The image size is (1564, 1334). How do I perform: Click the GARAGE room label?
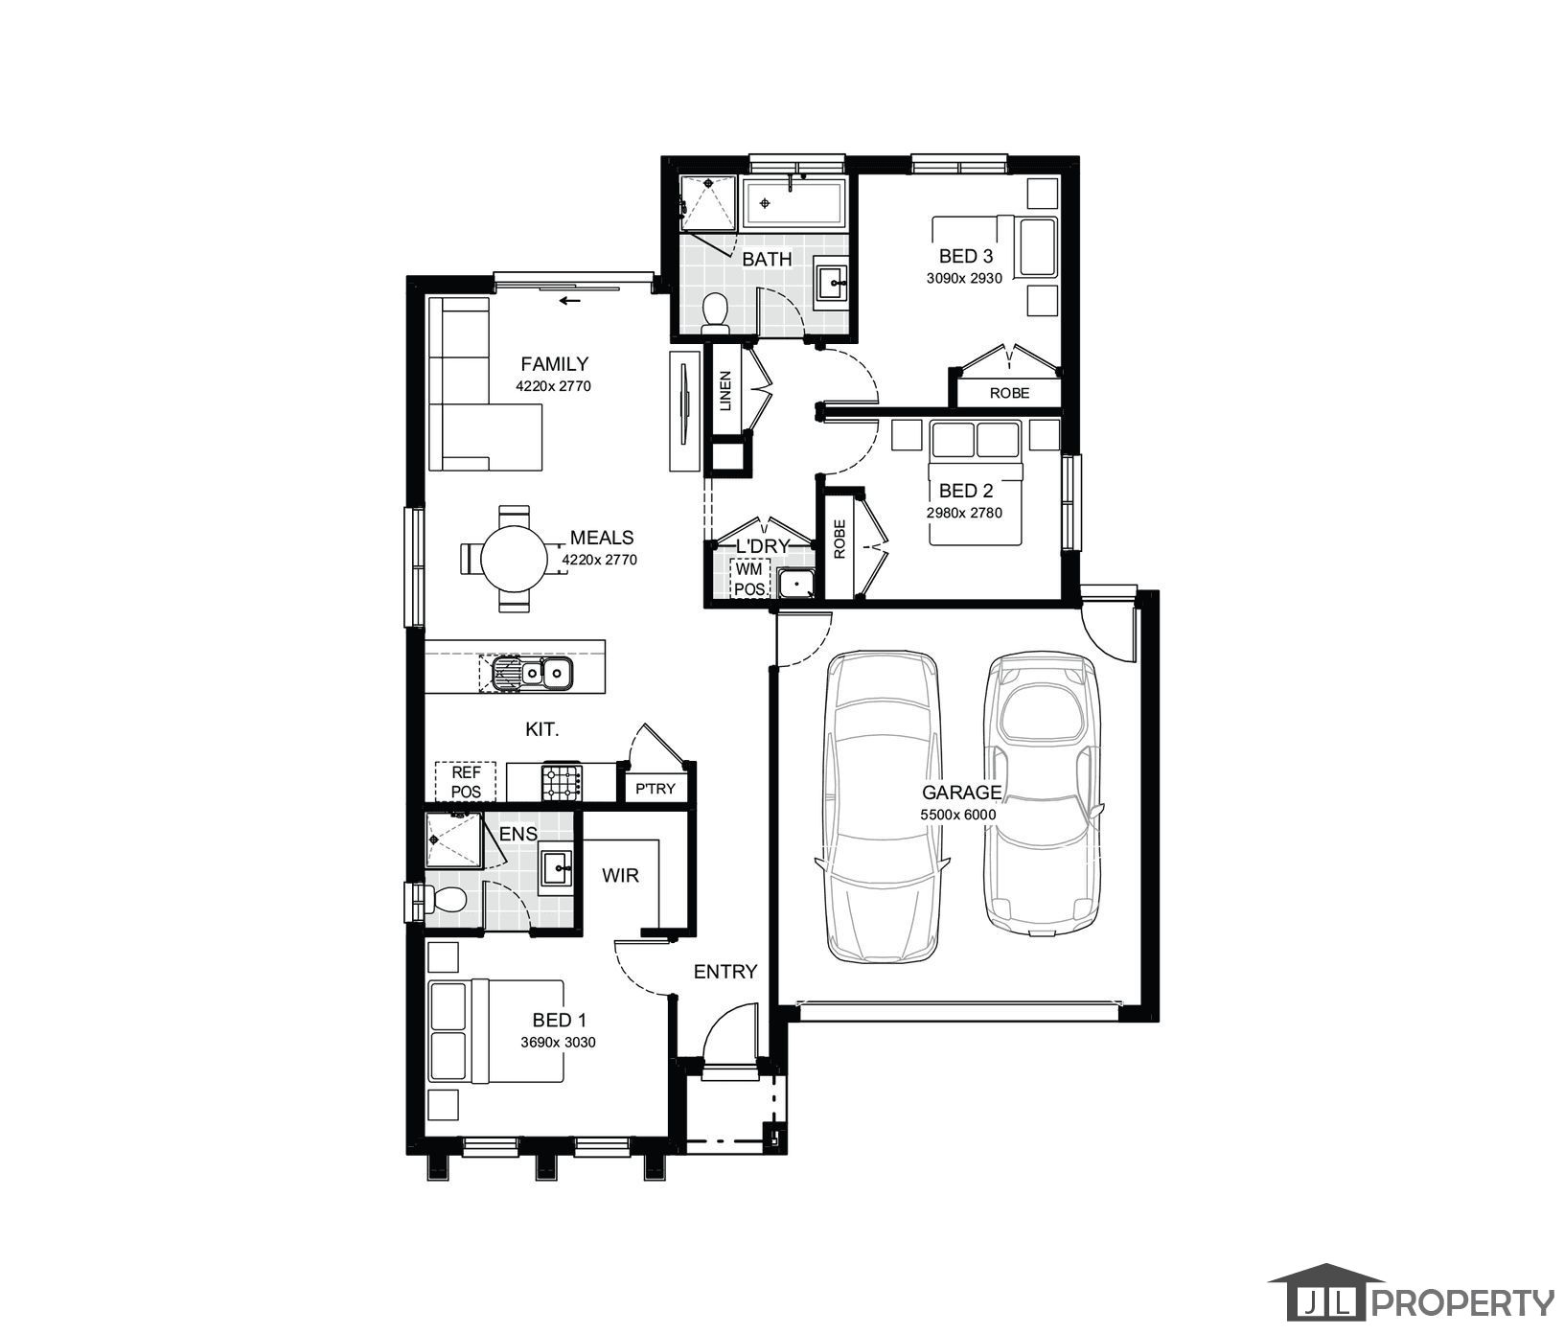click(961, 793)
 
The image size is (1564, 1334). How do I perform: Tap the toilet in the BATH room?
click(715, 313)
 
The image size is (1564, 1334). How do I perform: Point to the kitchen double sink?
click(532, 673)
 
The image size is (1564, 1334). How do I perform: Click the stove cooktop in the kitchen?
click(563, 781)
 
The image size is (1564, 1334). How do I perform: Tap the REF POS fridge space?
click(466, 782)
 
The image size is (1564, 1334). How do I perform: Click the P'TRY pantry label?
click(655, 789)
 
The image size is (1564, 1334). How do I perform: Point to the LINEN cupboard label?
click(725, 391)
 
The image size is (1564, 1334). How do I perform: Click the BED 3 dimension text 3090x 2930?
click(964, 278)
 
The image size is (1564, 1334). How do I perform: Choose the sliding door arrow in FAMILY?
click(570, 301)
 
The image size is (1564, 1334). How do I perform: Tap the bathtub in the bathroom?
click(793, 203)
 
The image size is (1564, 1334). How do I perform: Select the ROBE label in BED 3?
click(1010, 393)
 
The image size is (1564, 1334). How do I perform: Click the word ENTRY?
click(725, 972)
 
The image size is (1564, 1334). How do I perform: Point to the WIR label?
click(620, 875)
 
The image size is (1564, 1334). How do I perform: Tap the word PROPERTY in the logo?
click(1465, 1302)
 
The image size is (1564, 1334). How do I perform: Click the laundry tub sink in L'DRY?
click(794, 584)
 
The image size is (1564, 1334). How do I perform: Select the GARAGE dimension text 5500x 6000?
click(958, 815)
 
